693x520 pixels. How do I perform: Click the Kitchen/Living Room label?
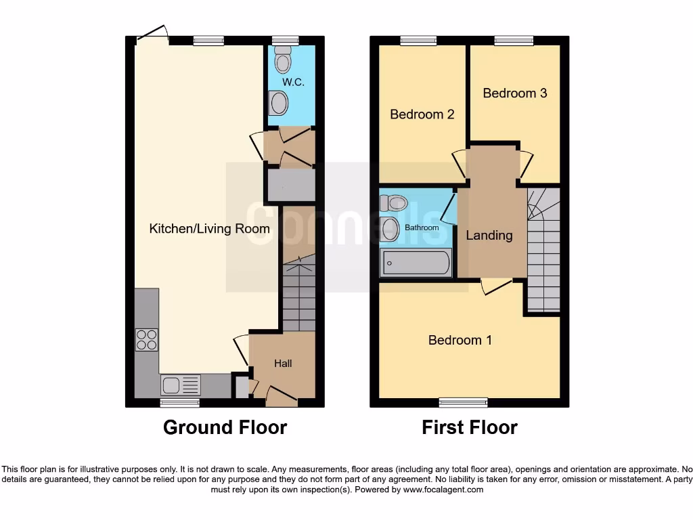pyautogui.click(x=209, y=229)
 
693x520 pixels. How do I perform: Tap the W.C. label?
pyautogui.click(x=292, y=83)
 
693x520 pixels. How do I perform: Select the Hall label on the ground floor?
pyautogui.click(x=283, y=364)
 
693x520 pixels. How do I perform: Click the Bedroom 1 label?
pyautogui.click(x=460, y=340)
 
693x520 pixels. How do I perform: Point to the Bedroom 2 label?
pyautogui.click(x=422, y=114)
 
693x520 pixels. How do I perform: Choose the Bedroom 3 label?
pyautogui.click(x=514, y=93)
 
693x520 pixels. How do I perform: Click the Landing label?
pyautogui.click(x=489, y=236)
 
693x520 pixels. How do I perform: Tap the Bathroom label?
pyautogui.click(x=422, y=227)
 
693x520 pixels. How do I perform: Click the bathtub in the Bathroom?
pyautogui.click(x=416, y=263)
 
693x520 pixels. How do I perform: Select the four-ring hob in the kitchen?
pyautogui.click(x=147, y=339)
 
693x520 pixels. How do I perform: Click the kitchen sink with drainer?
pyautogui.click(x=181, y=385)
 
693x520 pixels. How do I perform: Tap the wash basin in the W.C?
pyautogui.click(x=278, y=104)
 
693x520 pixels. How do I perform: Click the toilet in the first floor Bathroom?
pyautogui.click(x=393, y=202)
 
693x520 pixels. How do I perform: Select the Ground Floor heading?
pyautogui.click(x=225, y=428)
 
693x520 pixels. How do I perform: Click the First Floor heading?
pyautogui.click(x=470, y=428)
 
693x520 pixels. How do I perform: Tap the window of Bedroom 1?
pyautogui.click(x=463, y=403)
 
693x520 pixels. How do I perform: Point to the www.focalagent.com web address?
pyautogui.click(x=443, y=490)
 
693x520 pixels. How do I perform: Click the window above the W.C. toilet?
pyautogui.click(x=282, y=41)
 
